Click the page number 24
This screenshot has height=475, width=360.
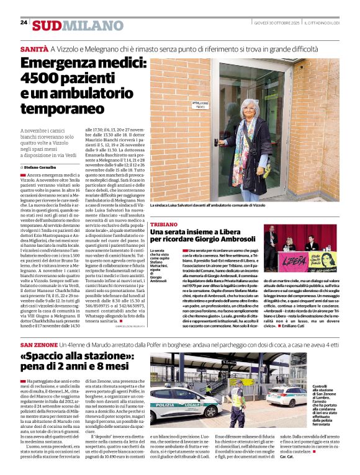(x=24, y=22)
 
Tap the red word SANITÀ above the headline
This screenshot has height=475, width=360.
(x=34, y=48)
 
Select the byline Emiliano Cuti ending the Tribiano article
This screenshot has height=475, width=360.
(x=322, y=326)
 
